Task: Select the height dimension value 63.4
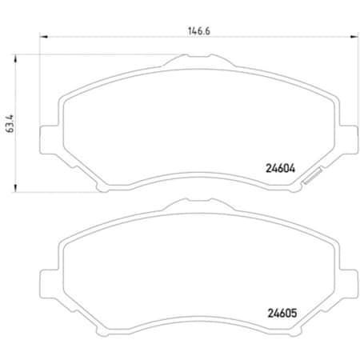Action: pyautogui.click(x=10, y=123)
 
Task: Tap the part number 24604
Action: pyautogui.click(x=280, y=169)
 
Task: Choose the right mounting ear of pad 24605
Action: pyautogui.click(x=349, y=282)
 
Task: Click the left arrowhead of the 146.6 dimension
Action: pyautogui.click(x=42, y=37)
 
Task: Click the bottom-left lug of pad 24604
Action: pyautogui.click(x=102, y=188)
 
